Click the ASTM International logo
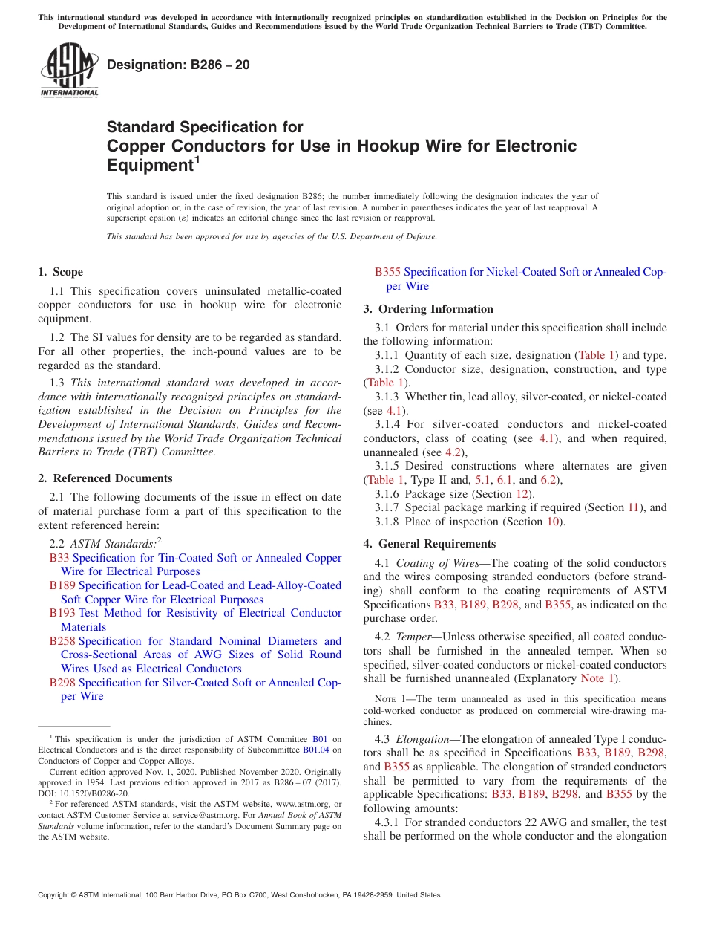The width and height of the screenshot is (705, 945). (x=69, y=71)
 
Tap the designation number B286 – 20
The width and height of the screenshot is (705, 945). (x=178, y=65)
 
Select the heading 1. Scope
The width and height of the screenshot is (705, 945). (x=61, y=272)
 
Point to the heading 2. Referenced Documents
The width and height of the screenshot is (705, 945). (x=105, y=478)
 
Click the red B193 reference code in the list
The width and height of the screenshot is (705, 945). (x=62, y=613)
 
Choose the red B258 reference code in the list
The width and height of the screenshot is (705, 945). (x=62, y=641)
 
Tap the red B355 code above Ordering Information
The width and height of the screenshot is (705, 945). (x=387, y=272)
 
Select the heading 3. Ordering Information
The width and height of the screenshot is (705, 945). (x=428, y=309)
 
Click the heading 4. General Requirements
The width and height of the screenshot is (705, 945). (x=430, y=544)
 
